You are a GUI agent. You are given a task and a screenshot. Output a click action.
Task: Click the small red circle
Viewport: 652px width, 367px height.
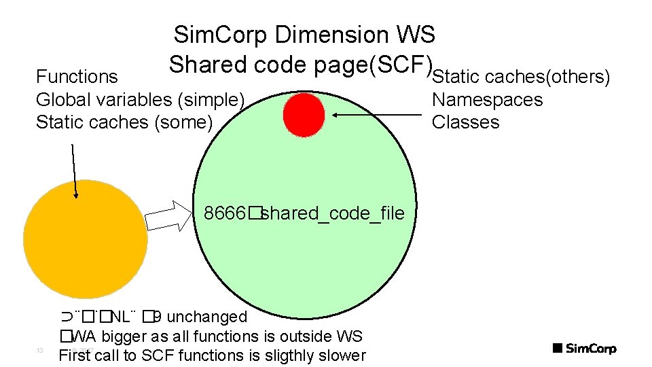click(304, 114)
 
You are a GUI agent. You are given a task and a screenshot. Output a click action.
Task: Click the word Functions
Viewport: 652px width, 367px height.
click(77, 77)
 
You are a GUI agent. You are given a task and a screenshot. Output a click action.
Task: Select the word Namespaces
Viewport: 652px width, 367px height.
click(487, 100)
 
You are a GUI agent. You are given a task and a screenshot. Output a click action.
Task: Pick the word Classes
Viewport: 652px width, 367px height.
click(465, 122)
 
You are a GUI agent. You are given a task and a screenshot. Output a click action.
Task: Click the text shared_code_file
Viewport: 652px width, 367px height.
click(333, 213)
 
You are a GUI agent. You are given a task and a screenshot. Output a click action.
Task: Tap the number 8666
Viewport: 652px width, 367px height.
click(225, 213)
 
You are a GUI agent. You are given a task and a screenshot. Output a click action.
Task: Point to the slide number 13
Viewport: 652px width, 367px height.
click(39, 351)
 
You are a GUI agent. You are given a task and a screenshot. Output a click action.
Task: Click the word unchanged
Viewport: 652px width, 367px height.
click(206, 317)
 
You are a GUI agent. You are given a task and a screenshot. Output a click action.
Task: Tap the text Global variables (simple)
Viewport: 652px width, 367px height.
click(140, 100)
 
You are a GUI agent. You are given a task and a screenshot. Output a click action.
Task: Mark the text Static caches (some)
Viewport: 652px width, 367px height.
click(124, 122)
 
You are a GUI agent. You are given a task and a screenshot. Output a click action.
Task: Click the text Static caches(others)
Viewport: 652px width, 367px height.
click(522, 77)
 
